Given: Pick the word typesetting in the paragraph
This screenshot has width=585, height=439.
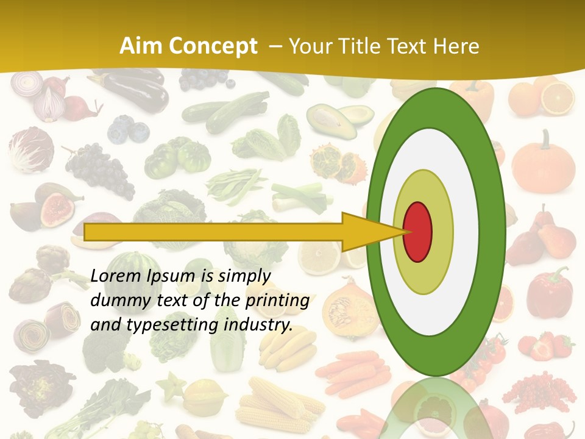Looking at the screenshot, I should coord(173,325).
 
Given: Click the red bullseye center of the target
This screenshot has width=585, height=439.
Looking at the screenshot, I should coord(418,231).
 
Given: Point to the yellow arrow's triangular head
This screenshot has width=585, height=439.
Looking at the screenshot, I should coord(372,232).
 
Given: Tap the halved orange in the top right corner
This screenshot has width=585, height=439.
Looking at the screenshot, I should coord(558,98).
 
